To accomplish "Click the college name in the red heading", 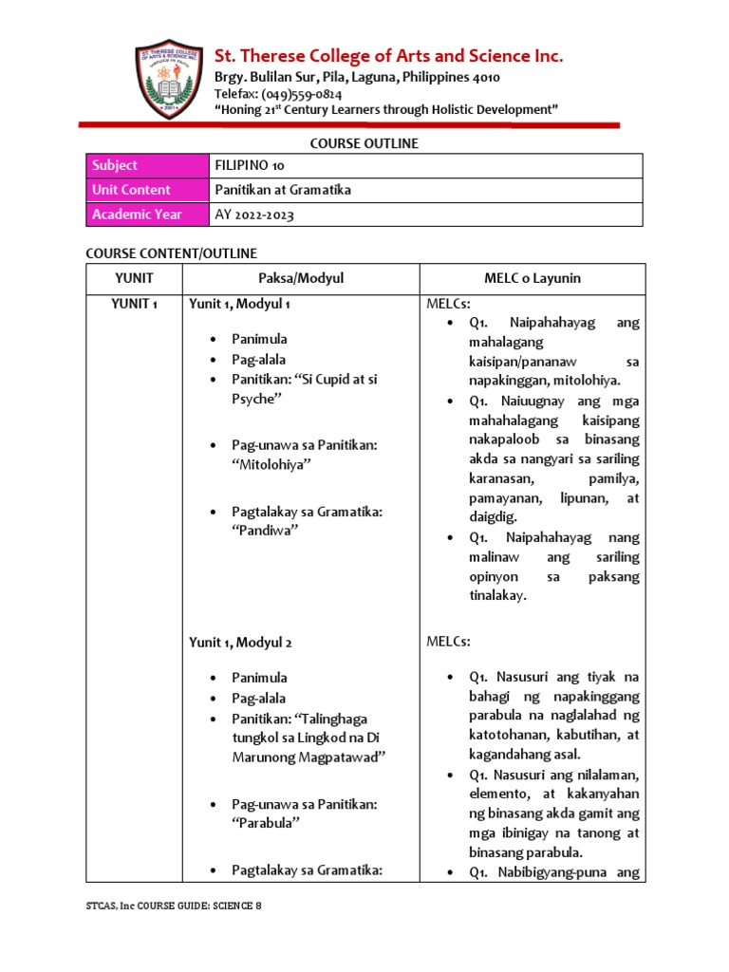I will (389, 57).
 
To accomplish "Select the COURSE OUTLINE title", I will (364, 143).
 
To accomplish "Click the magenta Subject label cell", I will (147, 166).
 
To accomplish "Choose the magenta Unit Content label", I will (147, 190).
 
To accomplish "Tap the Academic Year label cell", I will (147, 215).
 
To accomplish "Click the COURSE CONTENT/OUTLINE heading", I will (171, 253).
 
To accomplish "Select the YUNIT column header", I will (134, 278).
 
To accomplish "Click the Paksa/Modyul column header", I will (300, 278).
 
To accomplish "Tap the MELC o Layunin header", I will (532, 278).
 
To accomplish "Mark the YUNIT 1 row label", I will (134, 304).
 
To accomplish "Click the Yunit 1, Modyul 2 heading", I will (240, 643).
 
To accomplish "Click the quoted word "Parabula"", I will (266, 823).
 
